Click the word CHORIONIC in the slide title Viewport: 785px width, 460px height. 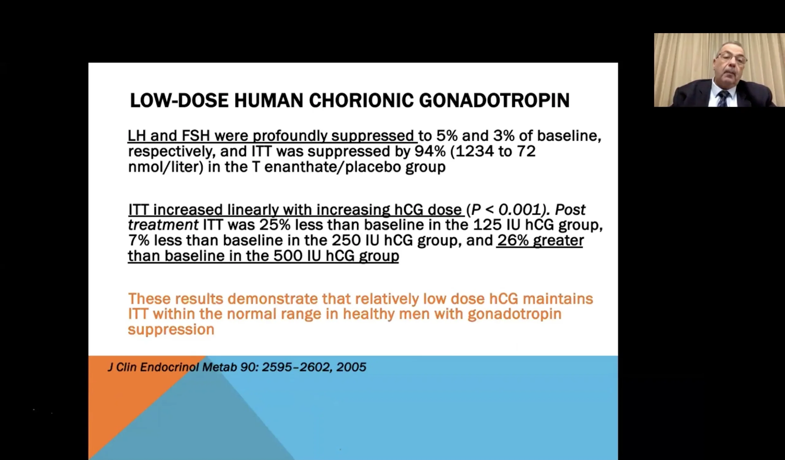pos(361,101)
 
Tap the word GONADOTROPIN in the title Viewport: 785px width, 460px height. pos(494,101)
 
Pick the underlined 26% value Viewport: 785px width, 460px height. pos(513,240)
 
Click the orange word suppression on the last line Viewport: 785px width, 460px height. pos(171,330)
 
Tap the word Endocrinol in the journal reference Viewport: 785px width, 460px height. pos(169,367)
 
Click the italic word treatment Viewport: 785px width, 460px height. pos(163,225)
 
